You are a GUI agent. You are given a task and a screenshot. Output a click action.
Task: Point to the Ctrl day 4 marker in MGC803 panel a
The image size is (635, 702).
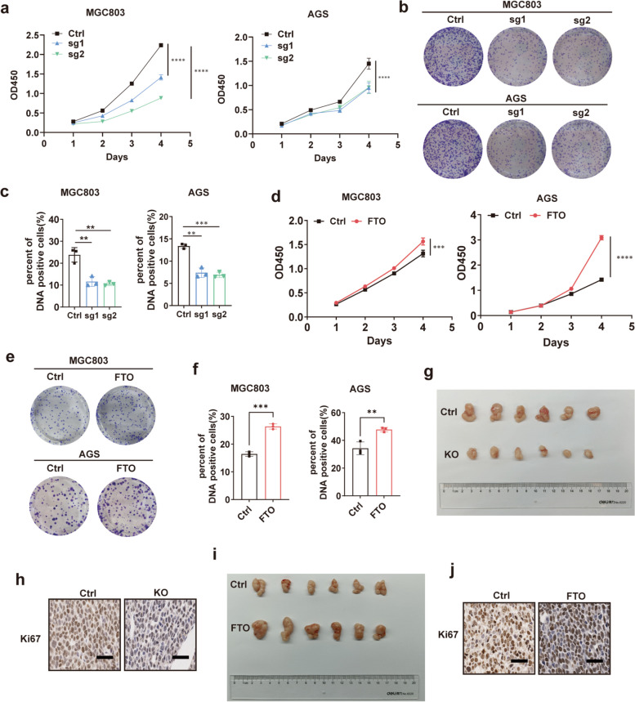tap(161, 46)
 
